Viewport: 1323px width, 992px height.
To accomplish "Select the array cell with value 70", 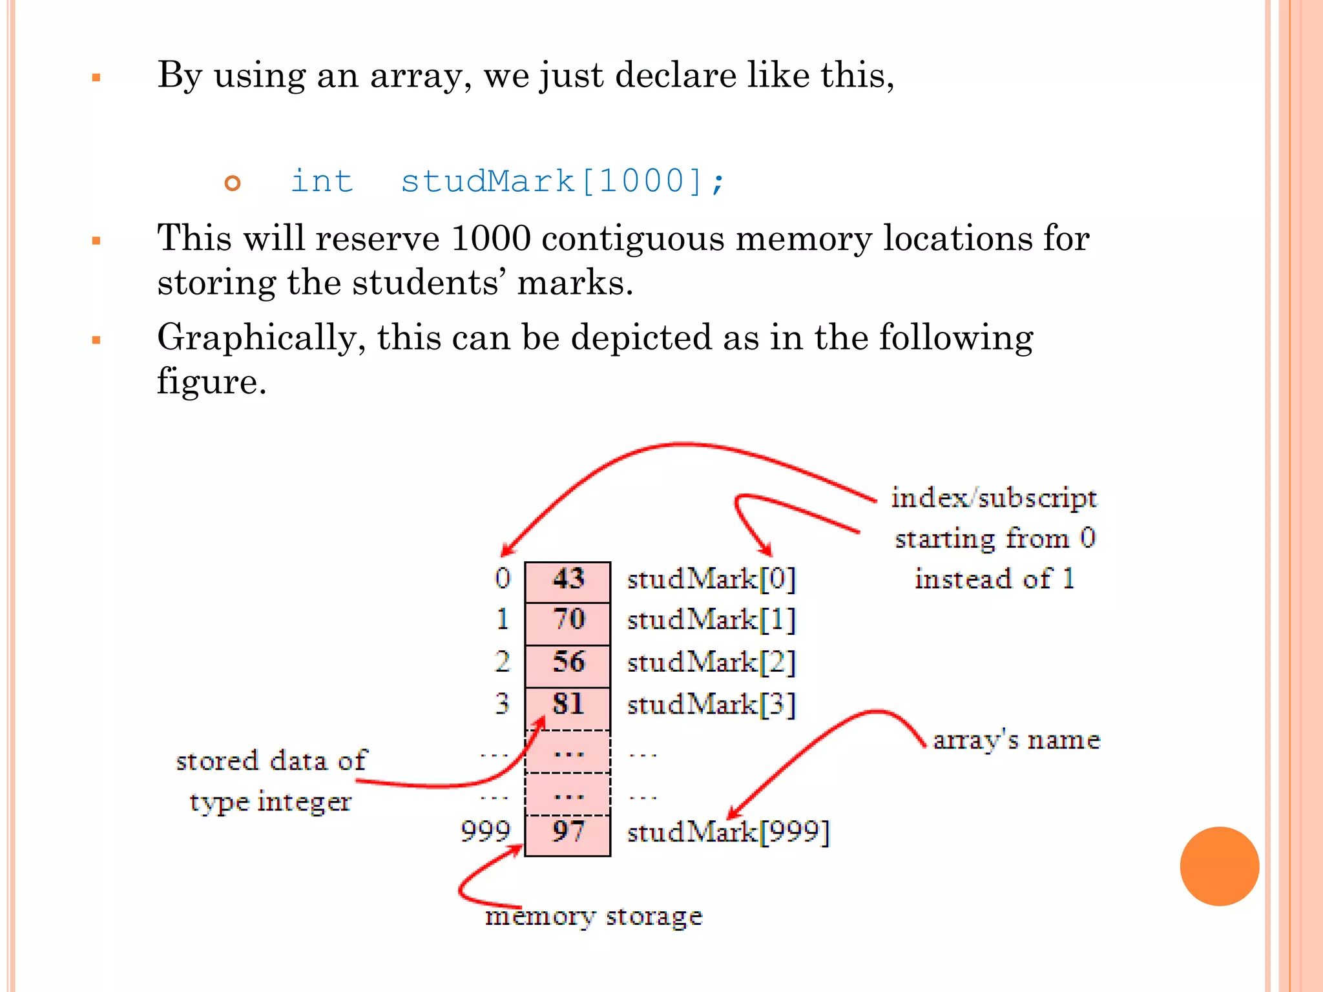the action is (x=567, y=621).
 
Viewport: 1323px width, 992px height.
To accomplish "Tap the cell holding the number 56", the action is (x=567, y=663).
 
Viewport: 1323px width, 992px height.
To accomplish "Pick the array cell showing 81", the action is (x=567, y=705).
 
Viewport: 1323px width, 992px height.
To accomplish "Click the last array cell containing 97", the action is (x=567, y=832).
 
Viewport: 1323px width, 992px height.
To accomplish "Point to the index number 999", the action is (x=485, y=832).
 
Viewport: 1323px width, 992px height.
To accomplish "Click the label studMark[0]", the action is (x=711, y=579).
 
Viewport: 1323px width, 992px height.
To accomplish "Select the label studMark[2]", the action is (x=711, y=663).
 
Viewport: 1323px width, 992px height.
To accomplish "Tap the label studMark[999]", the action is (x=728, y=832).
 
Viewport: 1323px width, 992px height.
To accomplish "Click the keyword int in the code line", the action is (x=322, y=181).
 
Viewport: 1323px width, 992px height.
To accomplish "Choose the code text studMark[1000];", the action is (x=563, y=181).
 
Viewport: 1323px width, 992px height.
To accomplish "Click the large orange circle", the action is (x=1219, y=866).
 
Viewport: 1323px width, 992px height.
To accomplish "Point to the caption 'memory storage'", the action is (x=594, y=916).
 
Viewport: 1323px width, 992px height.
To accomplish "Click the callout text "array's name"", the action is (x=1016, y=740).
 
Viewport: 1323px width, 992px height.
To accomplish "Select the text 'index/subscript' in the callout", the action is (x=994, y=499).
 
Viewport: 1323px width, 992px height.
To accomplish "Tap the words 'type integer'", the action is (x=270, y=802).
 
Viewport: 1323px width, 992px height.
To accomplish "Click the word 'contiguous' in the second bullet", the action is (x=633, y=238).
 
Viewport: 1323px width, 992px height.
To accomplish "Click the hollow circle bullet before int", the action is (x=233, y=183).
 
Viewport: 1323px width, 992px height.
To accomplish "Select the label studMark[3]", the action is (x=711, y=705).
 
